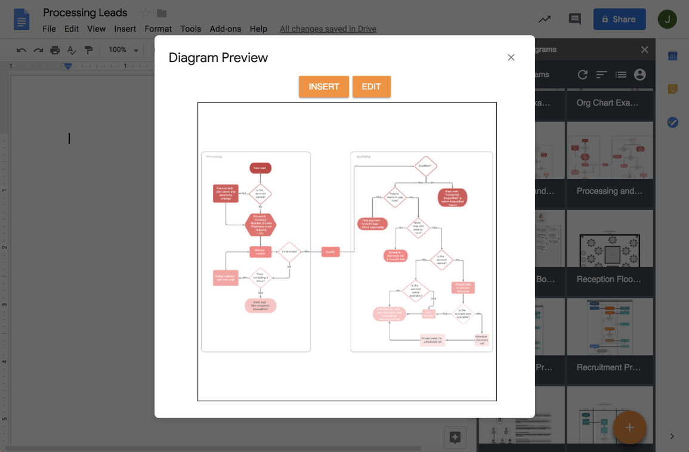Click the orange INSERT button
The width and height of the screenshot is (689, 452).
pos(323,86)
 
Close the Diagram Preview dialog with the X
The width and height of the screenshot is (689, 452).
pos(511,57)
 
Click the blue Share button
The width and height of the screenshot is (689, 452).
pos(619,19)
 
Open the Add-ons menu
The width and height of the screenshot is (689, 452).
pos(225,29)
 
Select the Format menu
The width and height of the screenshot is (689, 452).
pos(158,29)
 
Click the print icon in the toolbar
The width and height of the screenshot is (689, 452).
pos(55,50)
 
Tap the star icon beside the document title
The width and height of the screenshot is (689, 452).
pos(145,13)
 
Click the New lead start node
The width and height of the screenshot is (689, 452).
pos(260,168)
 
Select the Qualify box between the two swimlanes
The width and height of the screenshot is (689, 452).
pos(330,252)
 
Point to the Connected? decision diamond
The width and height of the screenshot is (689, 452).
pos(289,252)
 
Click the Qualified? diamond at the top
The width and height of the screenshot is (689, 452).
pos(425,166)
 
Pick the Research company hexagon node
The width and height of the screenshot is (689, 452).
pos(260,225)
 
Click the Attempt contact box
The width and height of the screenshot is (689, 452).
pos(260,252)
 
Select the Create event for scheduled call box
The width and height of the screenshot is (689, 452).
pos(432,339)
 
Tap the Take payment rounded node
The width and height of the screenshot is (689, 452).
pos(372,224)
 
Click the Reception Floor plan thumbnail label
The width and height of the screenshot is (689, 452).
pos(609,279)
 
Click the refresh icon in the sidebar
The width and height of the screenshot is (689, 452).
pos(583,75)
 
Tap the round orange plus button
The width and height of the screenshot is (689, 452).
pos(629,428)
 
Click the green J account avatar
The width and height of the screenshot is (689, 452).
pos(667,19)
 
